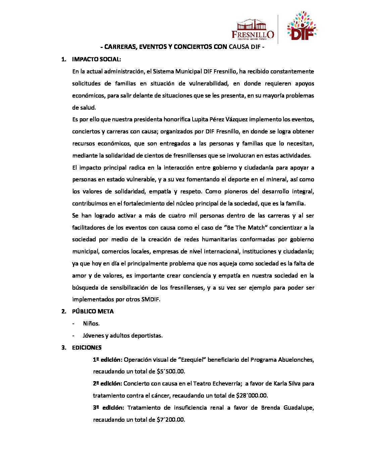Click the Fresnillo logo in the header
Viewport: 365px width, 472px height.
253,29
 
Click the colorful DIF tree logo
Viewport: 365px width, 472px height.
302,27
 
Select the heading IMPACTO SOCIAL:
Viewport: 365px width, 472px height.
96,59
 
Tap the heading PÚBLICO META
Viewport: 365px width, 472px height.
93,311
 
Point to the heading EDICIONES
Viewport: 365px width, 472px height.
87,348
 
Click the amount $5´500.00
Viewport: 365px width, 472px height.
171,371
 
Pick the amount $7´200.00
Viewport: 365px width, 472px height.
171,420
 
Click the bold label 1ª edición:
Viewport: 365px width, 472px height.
107,360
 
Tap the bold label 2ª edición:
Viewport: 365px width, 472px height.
107,383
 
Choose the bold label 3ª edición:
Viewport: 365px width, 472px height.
108,408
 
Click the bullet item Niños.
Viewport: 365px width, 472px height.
91,323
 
